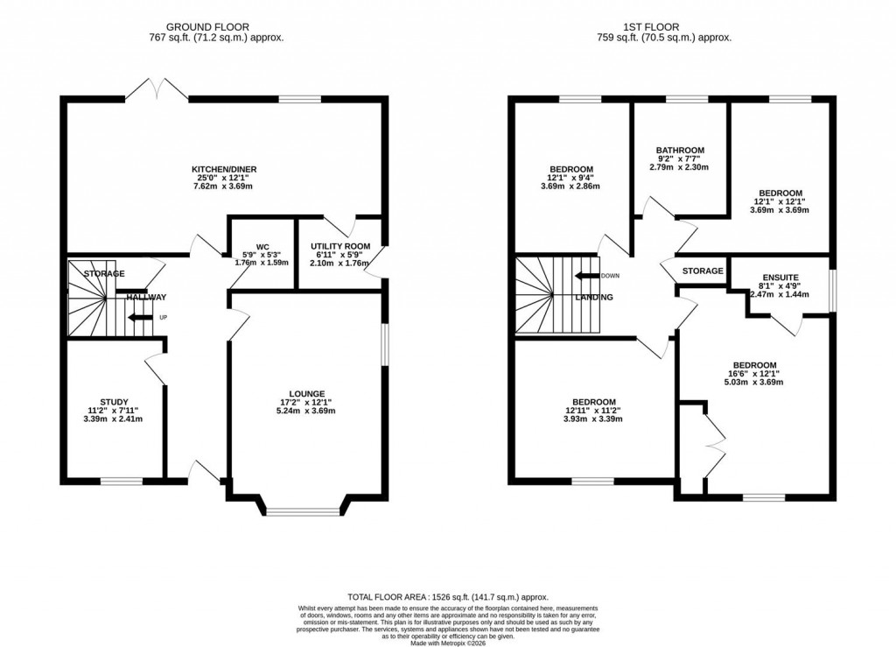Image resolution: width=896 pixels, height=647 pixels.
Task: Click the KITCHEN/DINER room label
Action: [224, 169]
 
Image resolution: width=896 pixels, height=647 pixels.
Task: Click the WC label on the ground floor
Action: [262, 247]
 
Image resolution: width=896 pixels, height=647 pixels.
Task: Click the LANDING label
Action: [594, 298]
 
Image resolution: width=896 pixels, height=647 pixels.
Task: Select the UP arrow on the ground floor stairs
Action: [138, 317]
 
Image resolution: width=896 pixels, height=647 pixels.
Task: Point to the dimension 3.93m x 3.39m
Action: [594, 418]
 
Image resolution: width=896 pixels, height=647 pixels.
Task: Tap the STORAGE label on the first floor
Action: [703, 271]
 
